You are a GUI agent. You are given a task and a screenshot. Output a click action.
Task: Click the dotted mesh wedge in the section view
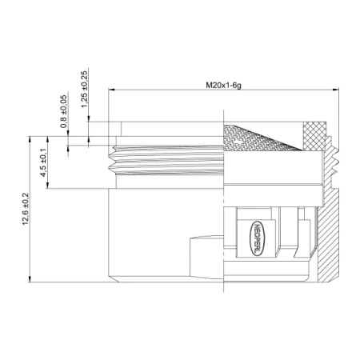(x=260, y=139)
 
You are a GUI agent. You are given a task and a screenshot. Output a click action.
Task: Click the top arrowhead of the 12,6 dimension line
(x=30, y=136)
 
